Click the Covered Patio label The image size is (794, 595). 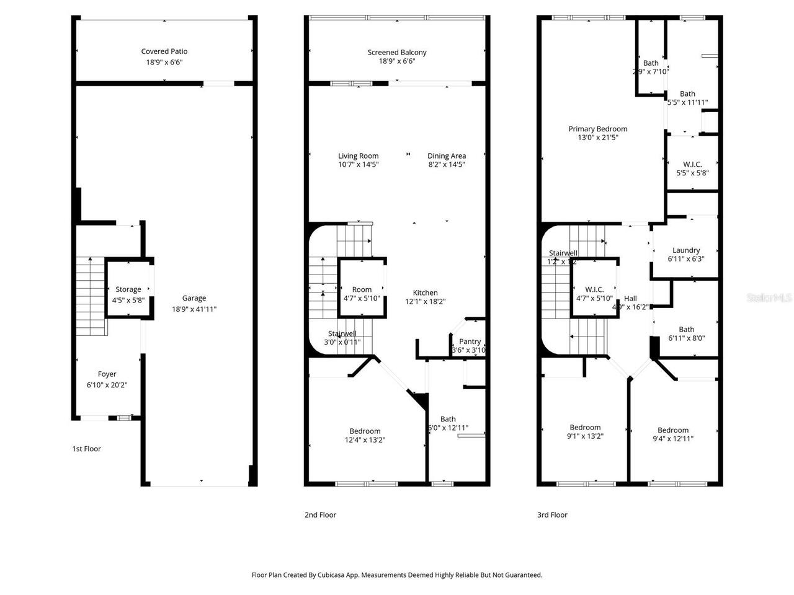164,52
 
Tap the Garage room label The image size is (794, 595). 194,298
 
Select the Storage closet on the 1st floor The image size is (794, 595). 128,289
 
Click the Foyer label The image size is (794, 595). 107,374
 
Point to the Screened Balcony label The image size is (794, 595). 397,53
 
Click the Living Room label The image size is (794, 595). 358,156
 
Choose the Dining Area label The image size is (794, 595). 447,156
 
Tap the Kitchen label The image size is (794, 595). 426,293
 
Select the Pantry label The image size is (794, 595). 470,342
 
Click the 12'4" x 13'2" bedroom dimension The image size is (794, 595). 365,440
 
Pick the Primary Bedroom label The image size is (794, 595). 598,129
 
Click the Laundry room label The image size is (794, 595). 686,250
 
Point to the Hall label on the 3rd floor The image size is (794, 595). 630,298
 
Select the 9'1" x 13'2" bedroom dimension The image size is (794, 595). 586,436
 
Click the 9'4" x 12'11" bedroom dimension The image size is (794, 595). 673,439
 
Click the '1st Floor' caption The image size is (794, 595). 86,449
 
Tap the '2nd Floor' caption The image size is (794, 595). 320,514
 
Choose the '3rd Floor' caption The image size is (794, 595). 552,514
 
